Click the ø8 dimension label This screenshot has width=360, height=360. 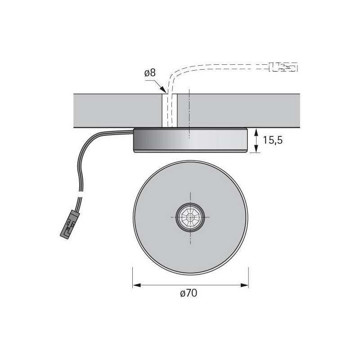tap(150, 73)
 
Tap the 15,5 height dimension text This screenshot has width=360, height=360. tap(273, 140)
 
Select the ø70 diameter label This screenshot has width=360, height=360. tap(189, 293)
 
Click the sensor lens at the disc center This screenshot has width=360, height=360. tap(190, 217)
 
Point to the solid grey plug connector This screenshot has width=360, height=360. tap(70, 224)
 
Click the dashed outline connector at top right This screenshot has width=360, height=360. tap(283, 67)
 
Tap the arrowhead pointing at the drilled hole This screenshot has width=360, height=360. tap(162, 89)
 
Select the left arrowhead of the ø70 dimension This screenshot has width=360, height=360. tap(137, 285)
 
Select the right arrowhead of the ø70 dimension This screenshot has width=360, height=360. tap(244, 285)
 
